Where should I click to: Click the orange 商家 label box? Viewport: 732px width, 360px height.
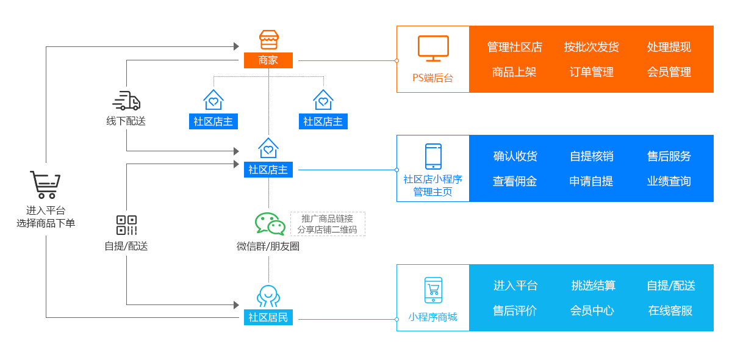click(x=268, y=60)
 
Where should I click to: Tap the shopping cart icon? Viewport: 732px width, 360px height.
click(x=45, y=184)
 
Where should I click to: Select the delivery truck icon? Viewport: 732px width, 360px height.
click(x=126, y=101)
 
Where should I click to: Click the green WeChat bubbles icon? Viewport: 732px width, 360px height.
click(x=270, y=224)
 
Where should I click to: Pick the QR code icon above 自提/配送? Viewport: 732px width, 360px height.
click(x=126, y=225)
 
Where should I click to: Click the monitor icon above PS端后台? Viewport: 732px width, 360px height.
click(x=433, y=49)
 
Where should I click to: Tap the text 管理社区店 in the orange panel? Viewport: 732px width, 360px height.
click(x=514, y=47)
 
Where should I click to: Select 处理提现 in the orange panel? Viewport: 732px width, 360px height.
click(x=669, y=47)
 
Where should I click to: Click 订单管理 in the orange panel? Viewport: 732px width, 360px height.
click(x=591, y=72)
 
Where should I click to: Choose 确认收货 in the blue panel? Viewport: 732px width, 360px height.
click(x=515, y=156)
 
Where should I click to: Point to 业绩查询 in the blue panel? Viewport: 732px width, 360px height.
click(x=669, y=181)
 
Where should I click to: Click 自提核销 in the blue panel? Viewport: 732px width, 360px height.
click(x=591, y=156)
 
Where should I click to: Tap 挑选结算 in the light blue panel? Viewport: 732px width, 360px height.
click(x=593, y=286)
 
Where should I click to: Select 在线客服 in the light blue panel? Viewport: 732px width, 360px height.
click(x=670, y=311)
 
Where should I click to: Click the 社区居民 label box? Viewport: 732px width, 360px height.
click(x=268, y=317)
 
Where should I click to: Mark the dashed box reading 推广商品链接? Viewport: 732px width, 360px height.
click(x=328, y=224)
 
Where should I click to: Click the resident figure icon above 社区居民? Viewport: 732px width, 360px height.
click(x=268, y=296)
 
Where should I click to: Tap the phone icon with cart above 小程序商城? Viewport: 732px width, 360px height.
click(x=433, y=290)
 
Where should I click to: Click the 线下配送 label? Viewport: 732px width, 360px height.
click(x=126, y=121)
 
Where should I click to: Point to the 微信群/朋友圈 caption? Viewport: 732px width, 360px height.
click(x=268, y=247)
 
